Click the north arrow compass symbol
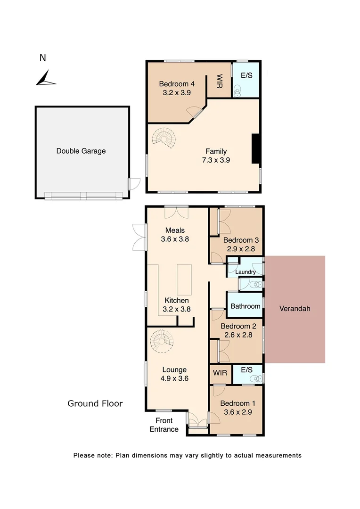click(45, 78)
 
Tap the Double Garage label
click(81, 151)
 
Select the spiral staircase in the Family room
click(164, 138)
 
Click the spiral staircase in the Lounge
click(162, 340)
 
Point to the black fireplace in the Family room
click(256, 149)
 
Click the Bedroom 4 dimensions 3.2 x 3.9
click(176, 93)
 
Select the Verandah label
click(295, 309)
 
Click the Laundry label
click(245, 272)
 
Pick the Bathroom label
click(245, 306)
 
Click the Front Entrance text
click(164, 425)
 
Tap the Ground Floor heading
click(95, 403)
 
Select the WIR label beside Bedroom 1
click(220, 373)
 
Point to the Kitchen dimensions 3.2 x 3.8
click(177, 309)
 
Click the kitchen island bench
click(184, 279)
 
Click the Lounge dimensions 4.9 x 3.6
click(174, 378)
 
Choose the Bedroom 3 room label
click(241, 239)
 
